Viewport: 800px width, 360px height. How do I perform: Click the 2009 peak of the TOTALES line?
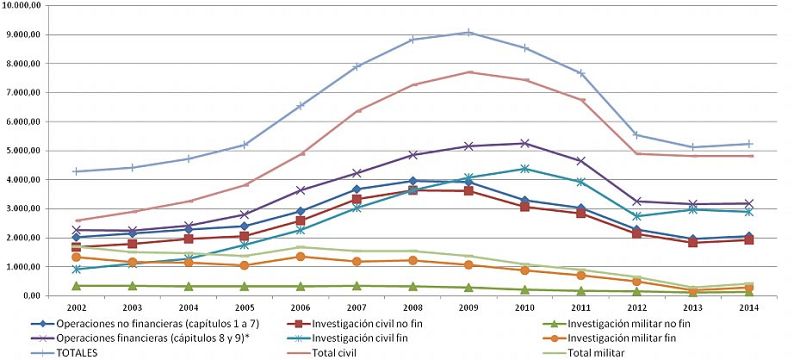coord(469,32)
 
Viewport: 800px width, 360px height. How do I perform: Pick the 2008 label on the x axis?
coord(413,308)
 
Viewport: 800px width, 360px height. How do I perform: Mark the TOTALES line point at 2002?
coord(77,171)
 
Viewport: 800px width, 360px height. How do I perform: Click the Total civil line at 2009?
coord(469,72)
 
